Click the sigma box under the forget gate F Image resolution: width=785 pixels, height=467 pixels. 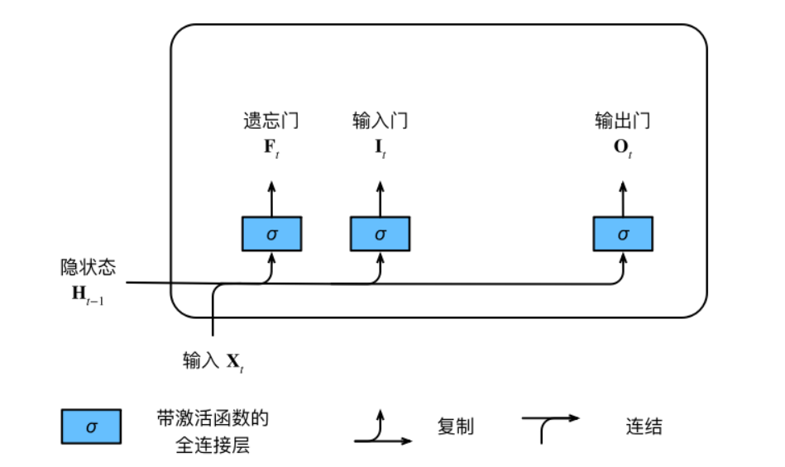tap(272, 234)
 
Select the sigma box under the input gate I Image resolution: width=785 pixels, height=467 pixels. tap(380, 234)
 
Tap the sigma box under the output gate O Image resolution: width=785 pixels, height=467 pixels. tap(623, 234)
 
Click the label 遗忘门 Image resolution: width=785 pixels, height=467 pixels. tap(270, 121)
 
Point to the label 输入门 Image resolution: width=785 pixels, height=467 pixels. tap(380, 121)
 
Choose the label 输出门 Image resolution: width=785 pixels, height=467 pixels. tap(622, 121)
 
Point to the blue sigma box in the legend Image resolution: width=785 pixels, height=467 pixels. tap(91, 427)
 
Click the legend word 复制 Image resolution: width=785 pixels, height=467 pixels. tap(455, 426)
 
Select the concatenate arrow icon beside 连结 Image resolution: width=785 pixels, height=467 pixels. tap(549, 425)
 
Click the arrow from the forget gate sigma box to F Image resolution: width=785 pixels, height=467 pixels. tap(271, 197)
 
